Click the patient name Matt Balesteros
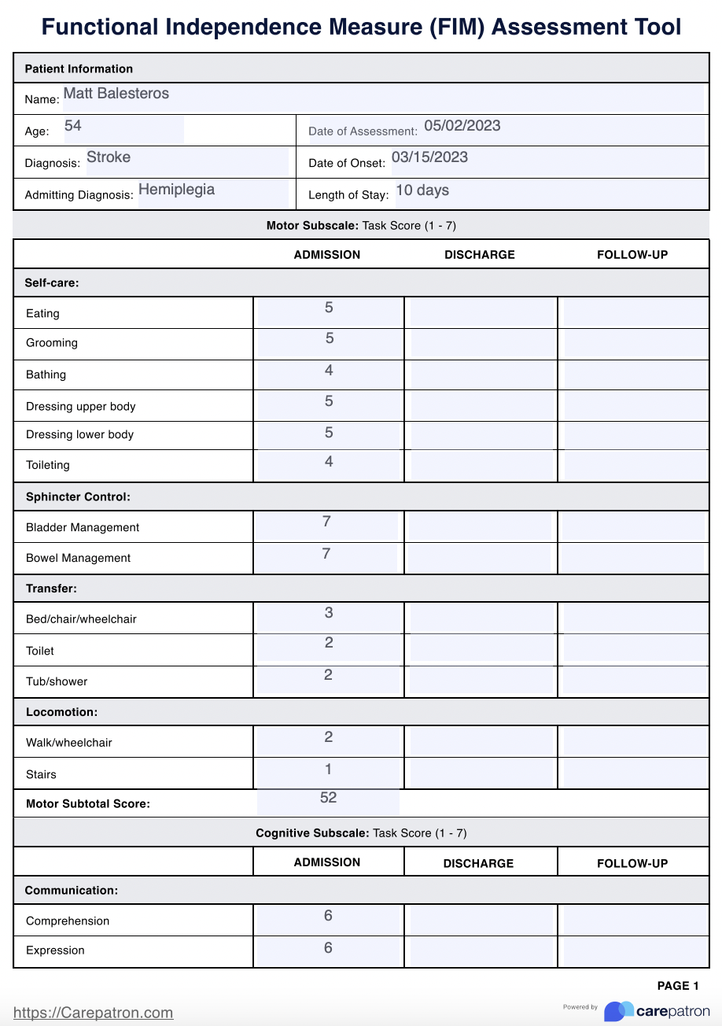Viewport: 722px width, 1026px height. coord(116,94)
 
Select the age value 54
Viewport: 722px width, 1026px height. coord(72,126)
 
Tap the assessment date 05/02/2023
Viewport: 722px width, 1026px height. coord(462,126)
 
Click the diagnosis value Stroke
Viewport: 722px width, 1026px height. coord(109,157)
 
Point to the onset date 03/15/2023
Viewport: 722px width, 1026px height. coord(429,157)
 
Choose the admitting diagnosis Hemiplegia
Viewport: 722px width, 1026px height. coord(176,190)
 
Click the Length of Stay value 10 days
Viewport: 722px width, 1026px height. coord(422,190)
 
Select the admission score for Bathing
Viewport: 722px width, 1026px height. coord(329,371)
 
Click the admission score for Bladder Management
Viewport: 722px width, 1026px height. coord(326,522)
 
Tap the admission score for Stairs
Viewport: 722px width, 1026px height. coord(328,769)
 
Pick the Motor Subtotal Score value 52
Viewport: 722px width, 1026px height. coord(328,798)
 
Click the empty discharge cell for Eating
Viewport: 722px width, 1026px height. coord(481,312)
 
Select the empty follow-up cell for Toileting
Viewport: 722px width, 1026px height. coord(634,465)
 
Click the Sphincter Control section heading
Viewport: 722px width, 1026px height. coord(78,497)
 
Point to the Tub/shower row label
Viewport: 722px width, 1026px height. coord(57,681)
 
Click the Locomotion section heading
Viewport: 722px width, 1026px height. coord(61,712)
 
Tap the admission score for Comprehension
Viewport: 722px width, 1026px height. coord(328,916)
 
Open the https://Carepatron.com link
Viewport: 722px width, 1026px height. coord(94,1013)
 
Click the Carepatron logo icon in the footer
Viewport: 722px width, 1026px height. coord(618,1011)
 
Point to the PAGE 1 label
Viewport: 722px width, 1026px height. coord(678,986)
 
